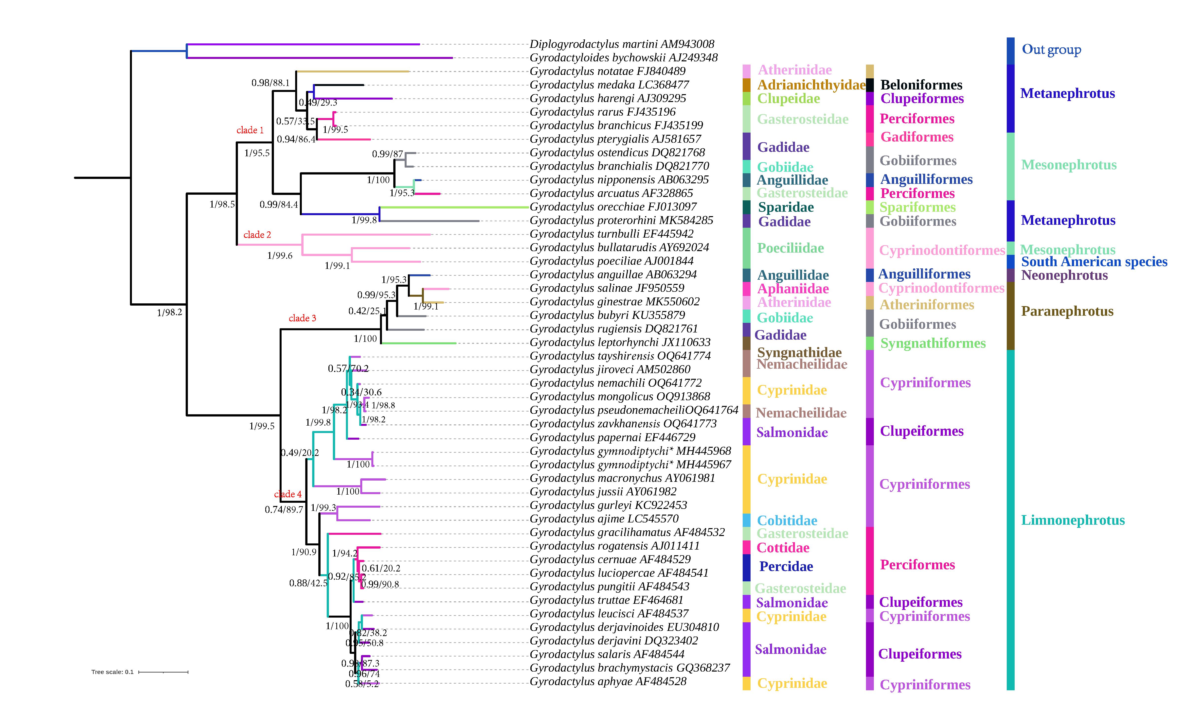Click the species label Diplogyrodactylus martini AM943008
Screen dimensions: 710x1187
tap(621, 44)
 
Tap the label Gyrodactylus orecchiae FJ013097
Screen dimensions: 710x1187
tap(613, 207)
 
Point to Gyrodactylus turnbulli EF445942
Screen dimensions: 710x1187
tap(611, 234)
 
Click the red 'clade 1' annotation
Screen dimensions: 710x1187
tap(250, 130)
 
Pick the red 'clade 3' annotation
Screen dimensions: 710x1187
tap(302, 318)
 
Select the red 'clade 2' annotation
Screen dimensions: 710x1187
tap(257, 235)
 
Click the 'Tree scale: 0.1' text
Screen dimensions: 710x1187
tap(112, 672)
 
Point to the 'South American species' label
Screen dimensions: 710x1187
tap(1094, 262)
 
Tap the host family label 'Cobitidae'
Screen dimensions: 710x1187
tap(787, 520)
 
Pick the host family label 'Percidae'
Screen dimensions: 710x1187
tap(786, 567)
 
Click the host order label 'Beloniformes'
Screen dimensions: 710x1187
tap(921, 85)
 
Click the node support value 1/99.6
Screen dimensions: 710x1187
tap(280, 256)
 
